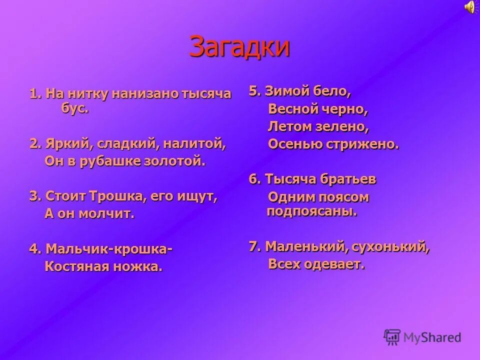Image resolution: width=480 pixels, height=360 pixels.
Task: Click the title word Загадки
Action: [240, 47]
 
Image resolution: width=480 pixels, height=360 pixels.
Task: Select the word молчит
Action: [109, 214]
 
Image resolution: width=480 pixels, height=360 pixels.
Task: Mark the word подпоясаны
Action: [312, 211]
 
